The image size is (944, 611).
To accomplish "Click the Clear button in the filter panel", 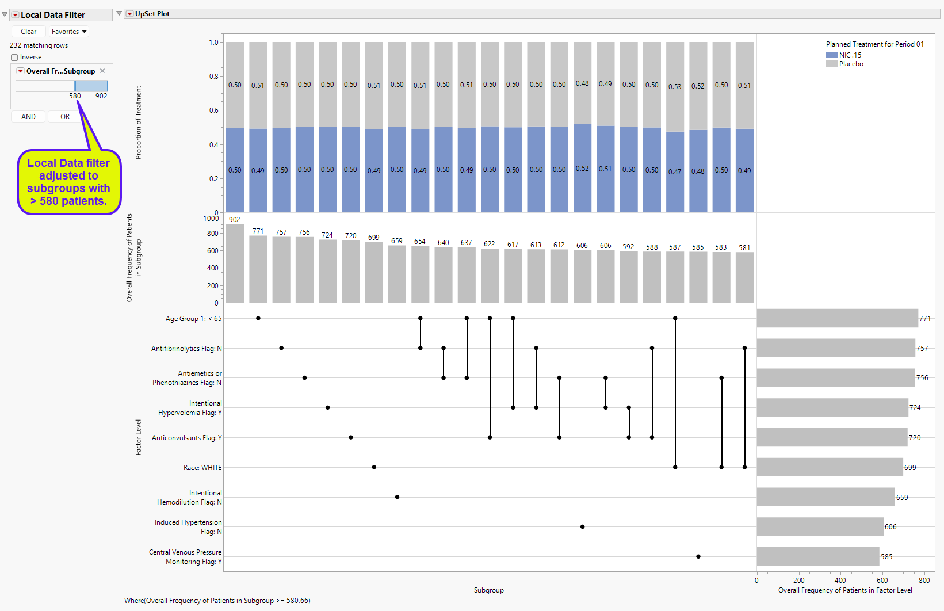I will point(28,32).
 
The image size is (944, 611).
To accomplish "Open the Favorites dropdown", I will point(68,32).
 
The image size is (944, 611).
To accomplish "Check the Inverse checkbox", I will point(14,58).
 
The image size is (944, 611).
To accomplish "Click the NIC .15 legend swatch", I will point(831,55).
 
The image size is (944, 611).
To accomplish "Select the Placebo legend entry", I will point(851,64).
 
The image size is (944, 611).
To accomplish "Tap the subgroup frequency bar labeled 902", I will point(235,264).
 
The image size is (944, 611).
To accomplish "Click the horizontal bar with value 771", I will point(837,318).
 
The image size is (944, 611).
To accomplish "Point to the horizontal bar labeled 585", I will point(817,556).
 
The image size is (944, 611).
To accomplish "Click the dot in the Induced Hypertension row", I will point(582,526).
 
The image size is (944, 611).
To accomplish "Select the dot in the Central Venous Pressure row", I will point(698,556).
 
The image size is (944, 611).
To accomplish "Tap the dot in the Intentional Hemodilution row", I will point(397,497).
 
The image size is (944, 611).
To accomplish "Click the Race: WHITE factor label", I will point(202,468).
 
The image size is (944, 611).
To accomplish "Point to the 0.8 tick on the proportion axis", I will point(213,76).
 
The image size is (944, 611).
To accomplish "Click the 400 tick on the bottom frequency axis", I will point(840,581).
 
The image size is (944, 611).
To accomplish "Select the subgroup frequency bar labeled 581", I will point(744,277).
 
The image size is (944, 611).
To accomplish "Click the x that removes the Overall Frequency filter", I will point(102,71).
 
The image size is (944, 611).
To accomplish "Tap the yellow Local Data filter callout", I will point(68,182).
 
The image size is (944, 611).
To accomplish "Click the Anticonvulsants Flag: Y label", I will point(186,438).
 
